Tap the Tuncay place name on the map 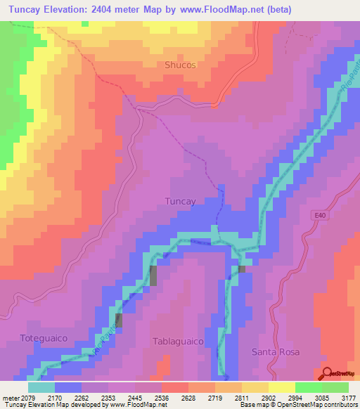(179, 200)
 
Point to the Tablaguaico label (178, 341)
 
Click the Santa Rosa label (276, 351)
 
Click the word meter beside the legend (11, 397)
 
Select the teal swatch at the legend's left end (41, 387)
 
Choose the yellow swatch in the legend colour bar (281, 387)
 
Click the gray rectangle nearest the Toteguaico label (118, 320)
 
